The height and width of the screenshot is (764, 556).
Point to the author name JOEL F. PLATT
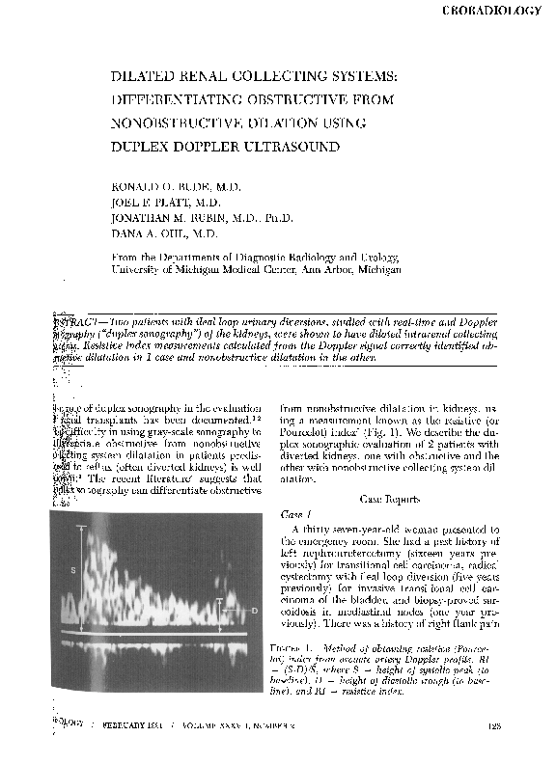point(153,204)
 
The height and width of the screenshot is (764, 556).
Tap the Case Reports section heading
point(390,500)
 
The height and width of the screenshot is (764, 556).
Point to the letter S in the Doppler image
point(73,571)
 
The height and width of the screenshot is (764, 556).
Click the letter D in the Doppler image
point(254,612)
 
